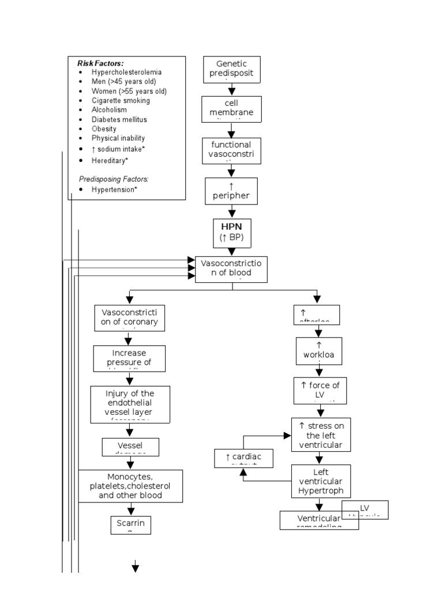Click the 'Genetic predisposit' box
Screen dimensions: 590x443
(x=231, y=69)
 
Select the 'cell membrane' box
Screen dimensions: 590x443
(x=231, y=108)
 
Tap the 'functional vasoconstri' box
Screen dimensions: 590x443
(x=231, y=150)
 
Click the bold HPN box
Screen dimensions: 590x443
(x=231, y=232)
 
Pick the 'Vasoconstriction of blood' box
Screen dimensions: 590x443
(x=231, y=268)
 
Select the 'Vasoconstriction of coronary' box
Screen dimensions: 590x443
(x=129, y=317)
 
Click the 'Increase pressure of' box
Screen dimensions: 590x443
(x=129, y=358)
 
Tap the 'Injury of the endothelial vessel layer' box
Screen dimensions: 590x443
(x=130, y=403)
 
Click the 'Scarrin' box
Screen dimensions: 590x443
(x=130, y=524)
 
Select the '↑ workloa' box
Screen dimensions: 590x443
(x=318, y=351)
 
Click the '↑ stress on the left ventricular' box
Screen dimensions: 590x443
(x=321, y=434)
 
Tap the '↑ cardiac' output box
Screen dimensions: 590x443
(x=243, y=457)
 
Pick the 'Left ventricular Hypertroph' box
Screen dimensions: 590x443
(x=321, y=482)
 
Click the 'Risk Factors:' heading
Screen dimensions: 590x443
(x=100, y=63)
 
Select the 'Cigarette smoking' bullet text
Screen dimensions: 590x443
(x=120, y=101)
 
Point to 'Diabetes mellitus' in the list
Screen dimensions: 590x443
(x=119, y=120)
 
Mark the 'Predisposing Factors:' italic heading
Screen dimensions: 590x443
(x=108, y=179)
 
